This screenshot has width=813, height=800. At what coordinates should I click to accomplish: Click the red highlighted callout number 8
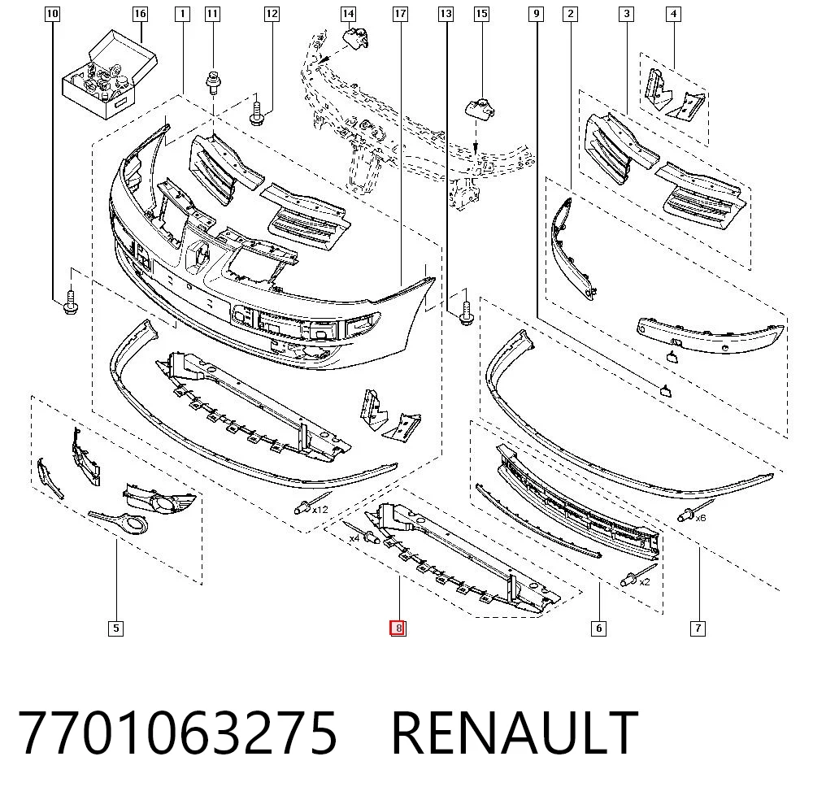[398, 628]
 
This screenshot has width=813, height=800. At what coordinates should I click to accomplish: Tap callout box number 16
[140, 14]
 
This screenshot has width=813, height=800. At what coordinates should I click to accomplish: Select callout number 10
[52, 14]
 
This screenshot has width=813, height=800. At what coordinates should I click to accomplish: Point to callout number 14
[349, 14]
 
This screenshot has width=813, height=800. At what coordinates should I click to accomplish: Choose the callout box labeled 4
[673, 14]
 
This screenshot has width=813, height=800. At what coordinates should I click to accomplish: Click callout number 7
[698, 628]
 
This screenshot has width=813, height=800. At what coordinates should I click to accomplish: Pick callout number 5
[115, 628]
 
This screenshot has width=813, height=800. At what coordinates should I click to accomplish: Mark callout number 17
[400, 14]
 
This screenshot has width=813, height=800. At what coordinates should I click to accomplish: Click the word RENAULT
[514, 733]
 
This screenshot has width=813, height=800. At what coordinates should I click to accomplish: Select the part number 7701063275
[178, 733]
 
